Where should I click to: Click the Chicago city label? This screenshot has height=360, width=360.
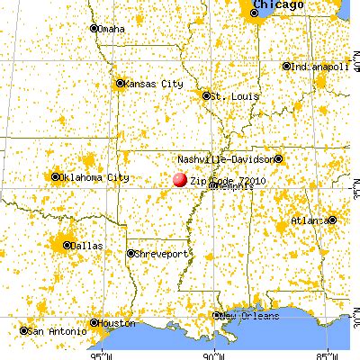click(x=276, y=5)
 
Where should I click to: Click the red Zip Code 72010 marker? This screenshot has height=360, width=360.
click(x=180, y=179)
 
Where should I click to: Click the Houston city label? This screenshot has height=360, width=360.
click(x=118, y=321)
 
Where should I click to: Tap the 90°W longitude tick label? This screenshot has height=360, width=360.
click(x=216, y=353)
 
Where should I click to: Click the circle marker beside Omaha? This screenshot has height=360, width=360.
click(x=94, y=29)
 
